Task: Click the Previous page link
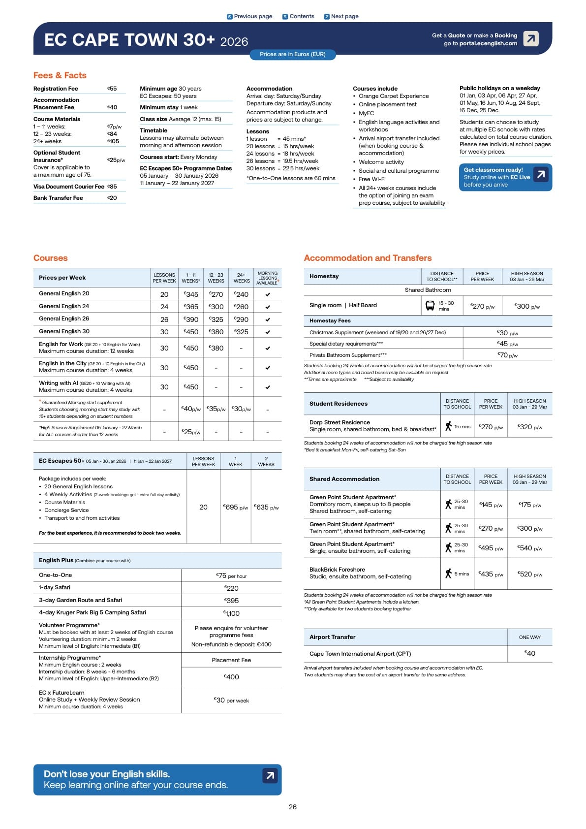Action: tap(249, 16)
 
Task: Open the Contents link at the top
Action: tap(298, 16)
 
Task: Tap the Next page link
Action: tap(341, 16)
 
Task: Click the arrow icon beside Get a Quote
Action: tap(530, 38)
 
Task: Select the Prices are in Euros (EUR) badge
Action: tap(292, 54)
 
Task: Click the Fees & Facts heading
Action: tap(60, 75)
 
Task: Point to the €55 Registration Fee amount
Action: tap(112, 89)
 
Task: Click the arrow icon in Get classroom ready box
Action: tap(541, 174)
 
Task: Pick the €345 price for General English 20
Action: tap(191, 294)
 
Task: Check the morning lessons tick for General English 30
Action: tap(268, 332)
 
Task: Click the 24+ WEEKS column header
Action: tap(241, 278)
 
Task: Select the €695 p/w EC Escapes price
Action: tap(236, 507)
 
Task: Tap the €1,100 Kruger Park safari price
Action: tap(231, 613)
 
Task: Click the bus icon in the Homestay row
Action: tap(430, 306)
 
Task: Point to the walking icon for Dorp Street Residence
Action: tap(448, 426)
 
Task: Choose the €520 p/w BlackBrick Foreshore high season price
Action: tap(530, 574)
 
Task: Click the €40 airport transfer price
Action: tap(530, 653)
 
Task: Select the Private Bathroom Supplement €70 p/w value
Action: tap(507, 354)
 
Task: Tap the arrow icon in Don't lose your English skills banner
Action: tap(270, 776)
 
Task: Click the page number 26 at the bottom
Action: tap(293, 807)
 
